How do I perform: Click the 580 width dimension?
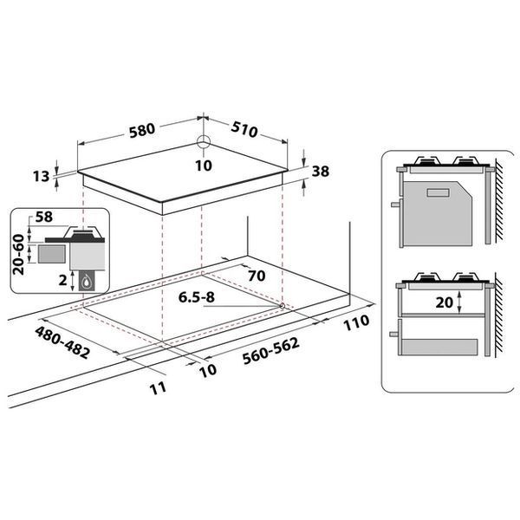click(x=142, y=130)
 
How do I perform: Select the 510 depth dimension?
click(x=244, y=129)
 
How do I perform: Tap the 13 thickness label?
click(x=41, y=177)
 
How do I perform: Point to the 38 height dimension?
click(x=321, y=171)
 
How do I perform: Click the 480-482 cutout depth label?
click(x=62, y=342)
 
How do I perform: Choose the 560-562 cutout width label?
click(x=271, y=351)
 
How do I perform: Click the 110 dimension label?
click(x=356, y=322)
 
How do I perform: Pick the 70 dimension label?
click(x=257, y=276)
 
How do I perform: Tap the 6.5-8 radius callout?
click(x=197, y=297)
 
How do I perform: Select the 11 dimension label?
click(x=158, y=388)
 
